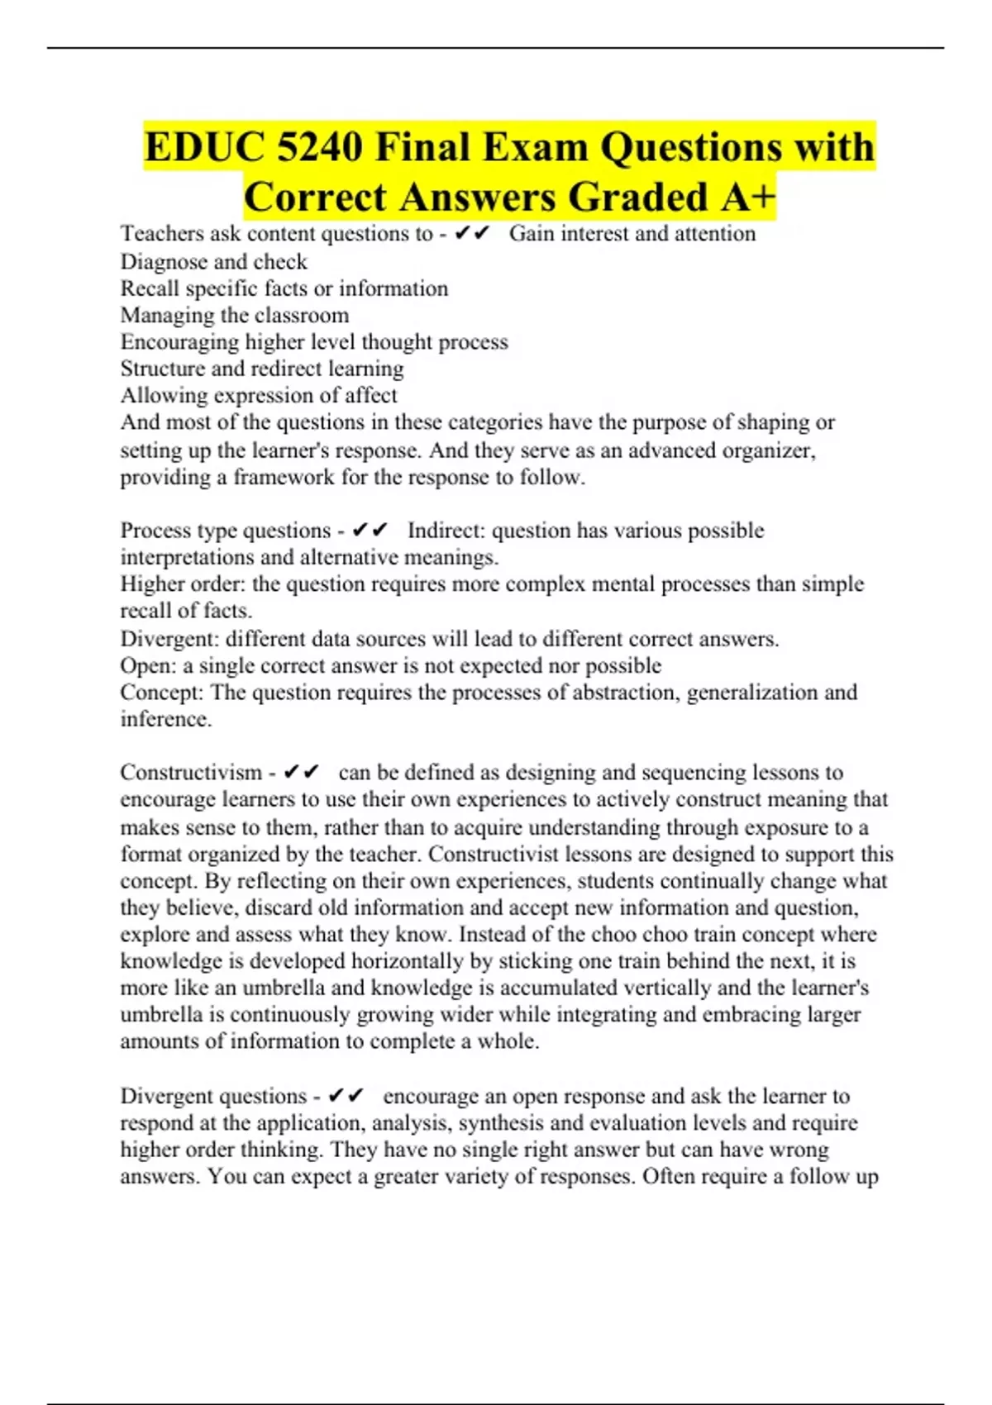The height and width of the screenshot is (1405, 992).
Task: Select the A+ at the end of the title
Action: [748, 197]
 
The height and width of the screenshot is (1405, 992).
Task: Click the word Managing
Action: [166, 315]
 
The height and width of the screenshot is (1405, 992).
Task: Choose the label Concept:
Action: [161, 692]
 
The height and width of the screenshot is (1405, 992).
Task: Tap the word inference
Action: [165, 719]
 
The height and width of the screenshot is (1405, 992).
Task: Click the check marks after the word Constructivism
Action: [301, 772]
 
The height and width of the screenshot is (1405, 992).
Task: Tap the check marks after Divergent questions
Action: [346, 1096]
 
